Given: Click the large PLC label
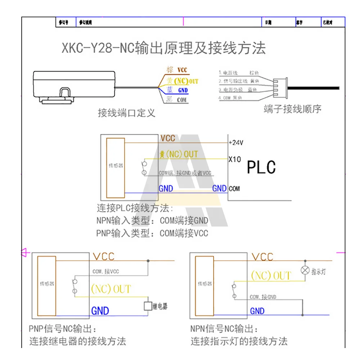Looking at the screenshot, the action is [261, 167].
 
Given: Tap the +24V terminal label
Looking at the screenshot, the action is [236, 142].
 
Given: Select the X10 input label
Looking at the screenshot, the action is [234, 159].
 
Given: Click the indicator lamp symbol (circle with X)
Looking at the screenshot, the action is [306, 270].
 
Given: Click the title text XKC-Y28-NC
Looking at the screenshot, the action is [98, 48].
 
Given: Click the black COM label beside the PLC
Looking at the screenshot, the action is [234, 188].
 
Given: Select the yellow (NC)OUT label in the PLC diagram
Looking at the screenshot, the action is [179, 154].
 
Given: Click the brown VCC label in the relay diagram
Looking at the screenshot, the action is [104, 256].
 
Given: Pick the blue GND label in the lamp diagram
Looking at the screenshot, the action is [257, 311].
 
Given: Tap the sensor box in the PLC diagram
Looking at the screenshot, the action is [116, 167].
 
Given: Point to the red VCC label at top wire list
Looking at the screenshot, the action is [182, 70].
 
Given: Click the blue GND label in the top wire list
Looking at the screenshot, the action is [183, 91].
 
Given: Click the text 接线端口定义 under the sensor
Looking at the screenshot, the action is [127, 113].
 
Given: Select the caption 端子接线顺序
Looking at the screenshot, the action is [292, 109].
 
